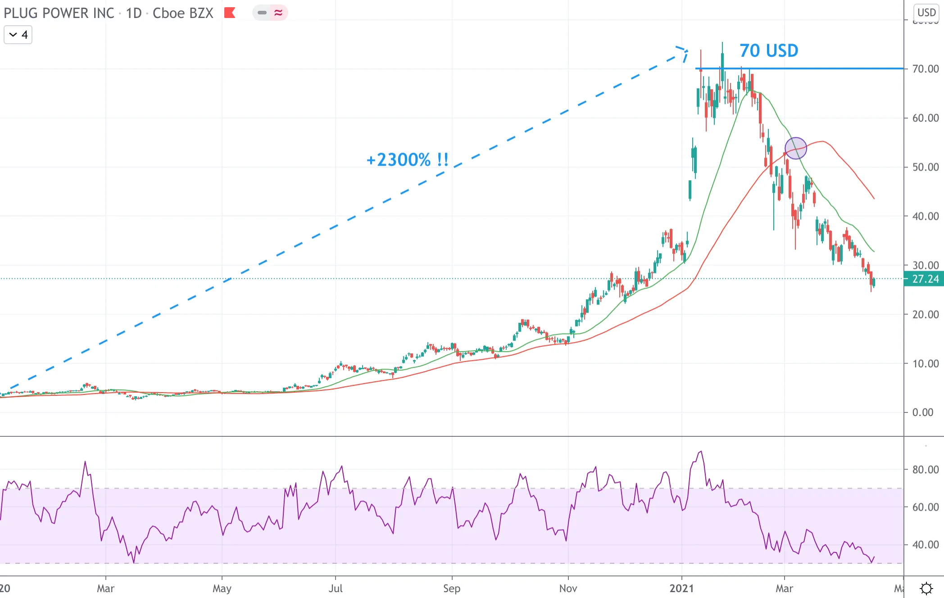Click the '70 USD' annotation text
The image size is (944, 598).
coord(769,50)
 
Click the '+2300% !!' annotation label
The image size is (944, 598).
coord(408,160)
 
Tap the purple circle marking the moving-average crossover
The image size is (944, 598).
coord(796,148)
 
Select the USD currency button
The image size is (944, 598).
coord(926,13)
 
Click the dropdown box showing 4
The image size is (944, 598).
coord(18,35)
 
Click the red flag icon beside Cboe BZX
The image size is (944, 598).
coord(230,13)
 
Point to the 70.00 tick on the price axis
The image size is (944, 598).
coord(926,69)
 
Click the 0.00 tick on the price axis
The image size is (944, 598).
coord(922,412)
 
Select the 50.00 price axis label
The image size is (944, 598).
coord(926,167)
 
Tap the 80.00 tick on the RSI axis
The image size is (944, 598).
coord(926,470)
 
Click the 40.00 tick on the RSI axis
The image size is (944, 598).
coord(926,545)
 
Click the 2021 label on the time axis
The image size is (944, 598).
coord(681,588)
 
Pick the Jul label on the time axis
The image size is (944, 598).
coord(336,588)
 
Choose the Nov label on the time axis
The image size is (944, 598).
coord(568,588)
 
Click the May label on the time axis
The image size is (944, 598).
coord(222,588)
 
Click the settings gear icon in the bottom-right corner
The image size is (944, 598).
coord(926,588)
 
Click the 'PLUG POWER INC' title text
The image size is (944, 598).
coord(59,13)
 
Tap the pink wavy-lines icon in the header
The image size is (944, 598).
coord(278,13)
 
